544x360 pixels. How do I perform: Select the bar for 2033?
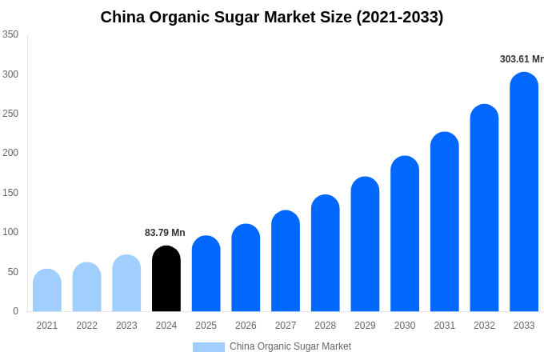click(524, 192)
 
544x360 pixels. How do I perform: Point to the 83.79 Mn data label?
click(165, 233)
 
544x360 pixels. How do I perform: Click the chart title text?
click(272, 17)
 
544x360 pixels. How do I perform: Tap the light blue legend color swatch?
click(208, 346)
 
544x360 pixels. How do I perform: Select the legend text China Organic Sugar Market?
click(290, 346)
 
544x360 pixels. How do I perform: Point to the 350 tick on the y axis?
click(10, 34)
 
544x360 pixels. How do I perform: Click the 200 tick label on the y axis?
click(10, 153)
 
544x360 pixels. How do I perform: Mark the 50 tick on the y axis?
click(13, 272)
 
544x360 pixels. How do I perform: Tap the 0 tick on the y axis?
click(15, 311)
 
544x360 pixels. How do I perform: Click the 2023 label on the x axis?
click(126, 326)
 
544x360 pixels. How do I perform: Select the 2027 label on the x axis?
click(286, 326)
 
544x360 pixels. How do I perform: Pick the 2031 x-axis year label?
click(445, 326)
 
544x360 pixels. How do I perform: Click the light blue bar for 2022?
click(87, 287)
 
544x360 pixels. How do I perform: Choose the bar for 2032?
click(484, 208)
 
